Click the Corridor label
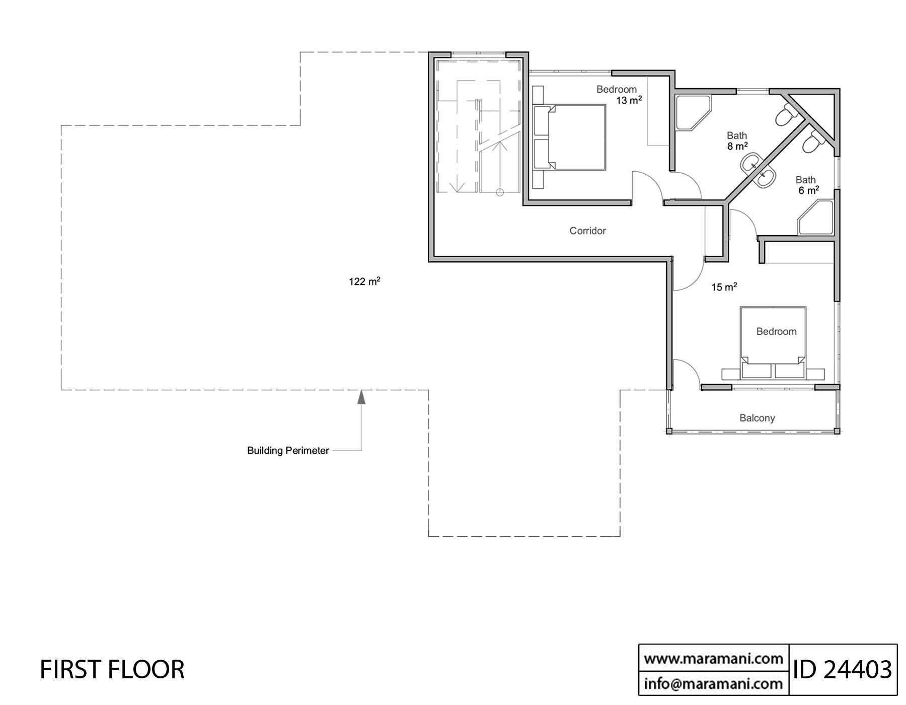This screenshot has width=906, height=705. point(587,231)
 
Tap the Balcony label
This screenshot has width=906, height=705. point(757,417)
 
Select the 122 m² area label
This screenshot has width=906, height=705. point(364,281)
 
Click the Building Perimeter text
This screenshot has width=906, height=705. point(288,451)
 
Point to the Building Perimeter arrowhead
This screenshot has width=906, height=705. point(361,397)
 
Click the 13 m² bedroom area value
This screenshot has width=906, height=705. point(629,101)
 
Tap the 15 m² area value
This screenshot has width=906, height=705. point(724,287)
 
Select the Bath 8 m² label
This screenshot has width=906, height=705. point(737,141)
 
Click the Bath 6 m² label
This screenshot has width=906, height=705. point(807,185)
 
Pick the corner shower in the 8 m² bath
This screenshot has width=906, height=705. point(692,112)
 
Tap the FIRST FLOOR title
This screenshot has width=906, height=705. point(112,669)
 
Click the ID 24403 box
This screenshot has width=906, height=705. point(843,670)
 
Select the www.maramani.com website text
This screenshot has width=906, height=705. point(713,659)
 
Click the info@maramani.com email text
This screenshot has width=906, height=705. point(713,683)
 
